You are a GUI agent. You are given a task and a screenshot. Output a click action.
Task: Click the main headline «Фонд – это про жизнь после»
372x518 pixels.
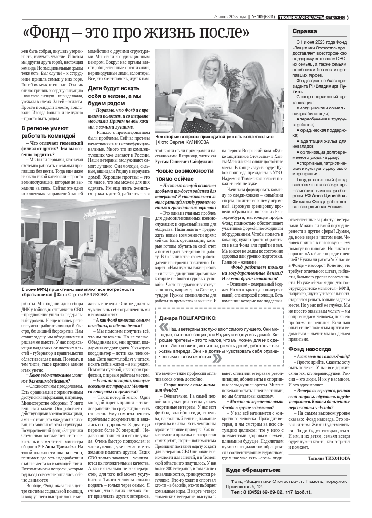pyautogui.click(x=136, y=33)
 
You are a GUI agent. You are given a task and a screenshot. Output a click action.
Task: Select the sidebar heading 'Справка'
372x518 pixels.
pyautogui.click(x=305, y=31)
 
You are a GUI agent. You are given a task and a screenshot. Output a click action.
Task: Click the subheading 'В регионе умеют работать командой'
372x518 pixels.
pyautogui.click(x=47, y=132)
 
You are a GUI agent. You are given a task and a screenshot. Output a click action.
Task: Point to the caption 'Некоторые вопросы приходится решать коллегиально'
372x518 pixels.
pyautogui.click(x=219, y=137)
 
